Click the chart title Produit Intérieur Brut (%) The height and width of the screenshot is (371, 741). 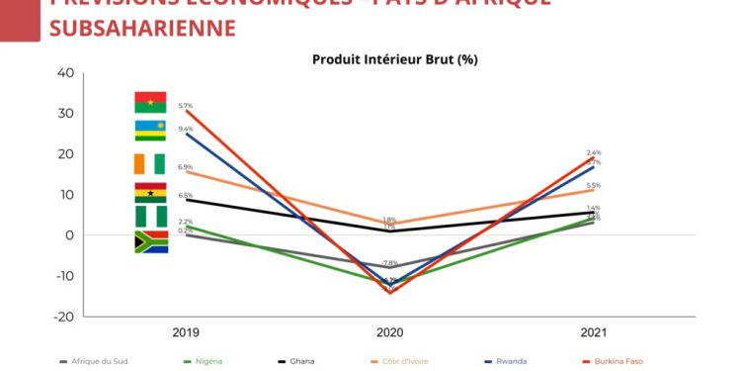[x=395, y=59]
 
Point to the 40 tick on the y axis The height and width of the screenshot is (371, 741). [x=66, y=73]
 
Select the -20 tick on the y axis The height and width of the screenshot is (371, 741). [x=64, y=317]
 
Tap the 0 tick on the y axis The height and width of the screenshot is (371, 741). [x=70, y=235]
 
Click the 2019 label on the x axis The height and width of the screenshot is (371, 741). [x=186, y=332]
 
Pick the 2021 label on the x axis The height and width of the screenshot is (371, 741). [x=593, y=332]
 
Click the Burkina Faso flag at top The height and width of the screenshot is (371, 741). [x=151, y=102]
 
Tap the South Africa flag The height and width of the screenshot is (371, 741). [x=151, y=241]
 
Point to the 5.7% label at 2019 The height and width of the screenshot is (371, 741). [x=185, y=105]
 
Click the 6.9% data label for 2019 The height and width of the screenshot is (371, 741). [x=185, y=167]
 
